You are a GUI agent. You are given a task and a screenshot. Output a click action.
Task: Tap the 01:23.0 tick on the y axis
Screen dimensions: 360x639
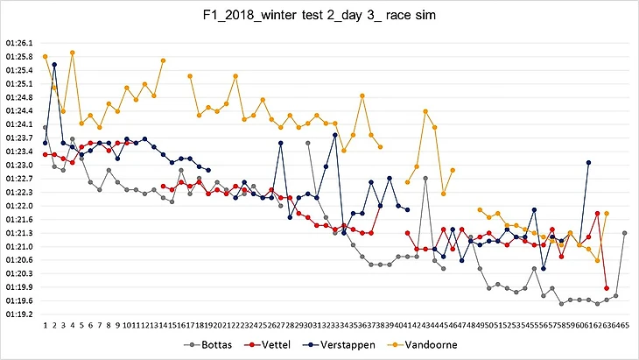point(18,165)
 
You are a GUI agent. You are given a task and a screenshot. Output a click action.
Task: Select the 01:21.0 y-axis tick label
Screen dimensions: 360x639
point(18,246)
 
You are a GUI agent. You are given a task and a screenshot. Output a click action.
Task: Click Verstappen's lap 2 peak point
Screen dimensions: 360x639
point(54,64)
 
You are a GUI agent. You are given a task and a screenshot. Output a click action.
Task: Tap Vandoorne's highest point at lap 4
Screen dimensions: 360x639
point(73,53)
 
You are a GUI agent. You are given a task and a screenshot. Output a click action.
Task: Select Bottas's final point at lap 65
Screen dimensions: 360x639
point(624,233)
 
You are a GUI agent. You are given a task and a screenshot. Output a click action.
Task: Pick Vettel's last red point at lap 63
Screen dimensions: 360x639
point(607,287)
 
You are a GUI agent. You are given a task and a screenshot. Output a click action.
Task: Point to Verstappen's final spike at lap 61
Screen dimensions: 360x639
point(588,162)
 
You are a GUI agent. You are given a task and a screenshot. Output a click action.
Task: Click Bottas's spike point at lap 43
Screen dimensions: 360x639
point(425,178)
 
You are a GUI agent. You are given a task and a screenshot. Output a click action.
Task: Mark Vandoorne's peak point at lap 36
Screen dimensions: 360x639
point(362,95)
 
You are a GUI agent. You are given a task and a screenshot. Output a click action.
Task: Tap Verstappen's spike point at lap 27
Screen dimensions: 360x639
point(281,143)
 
